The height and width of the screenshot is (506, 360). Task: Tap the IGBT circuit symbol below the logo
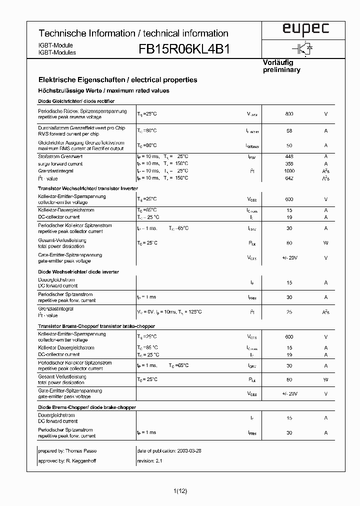pos(303,48)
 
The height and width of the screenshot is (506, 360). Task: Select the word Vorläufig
pos(277,62)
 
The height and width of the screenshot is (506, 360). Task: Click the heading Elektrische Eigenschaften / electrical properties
pos(117,79)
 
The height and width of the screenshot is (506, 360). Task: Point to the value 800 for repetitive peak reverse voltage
pos(289,114)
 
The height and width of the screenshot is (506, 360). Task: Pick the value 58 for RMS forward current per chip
pos(289,130)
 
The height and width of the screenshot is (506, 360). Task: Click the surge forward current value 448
pos(289,156)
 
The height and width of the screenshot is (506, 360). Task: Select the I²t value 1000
pos(289,171)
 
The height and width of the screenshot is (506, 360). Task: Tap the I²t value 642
pos(289,178)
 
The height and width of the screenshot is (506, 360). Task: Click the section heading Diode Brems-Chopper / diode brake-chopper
pos(86,407)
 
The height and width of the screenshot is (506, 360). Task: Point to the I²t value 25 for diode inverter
pos(289,312)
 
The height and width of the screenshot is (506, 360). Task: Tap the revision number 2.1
pos(157,460)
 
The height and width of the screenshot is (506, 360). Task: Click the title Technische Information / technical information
pos(133,33)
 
